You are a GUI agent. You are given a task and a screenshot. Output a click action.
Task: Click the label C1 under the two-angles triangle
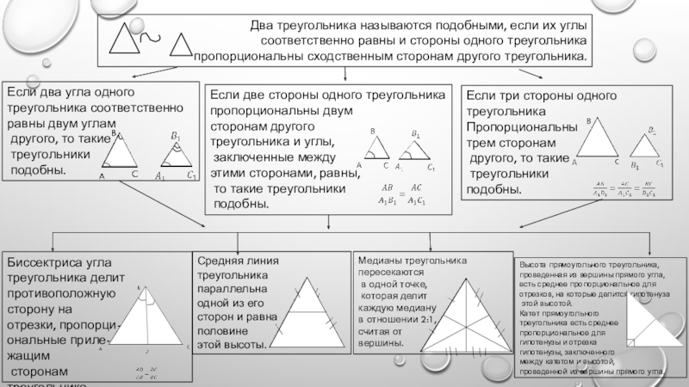[190, 176]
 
